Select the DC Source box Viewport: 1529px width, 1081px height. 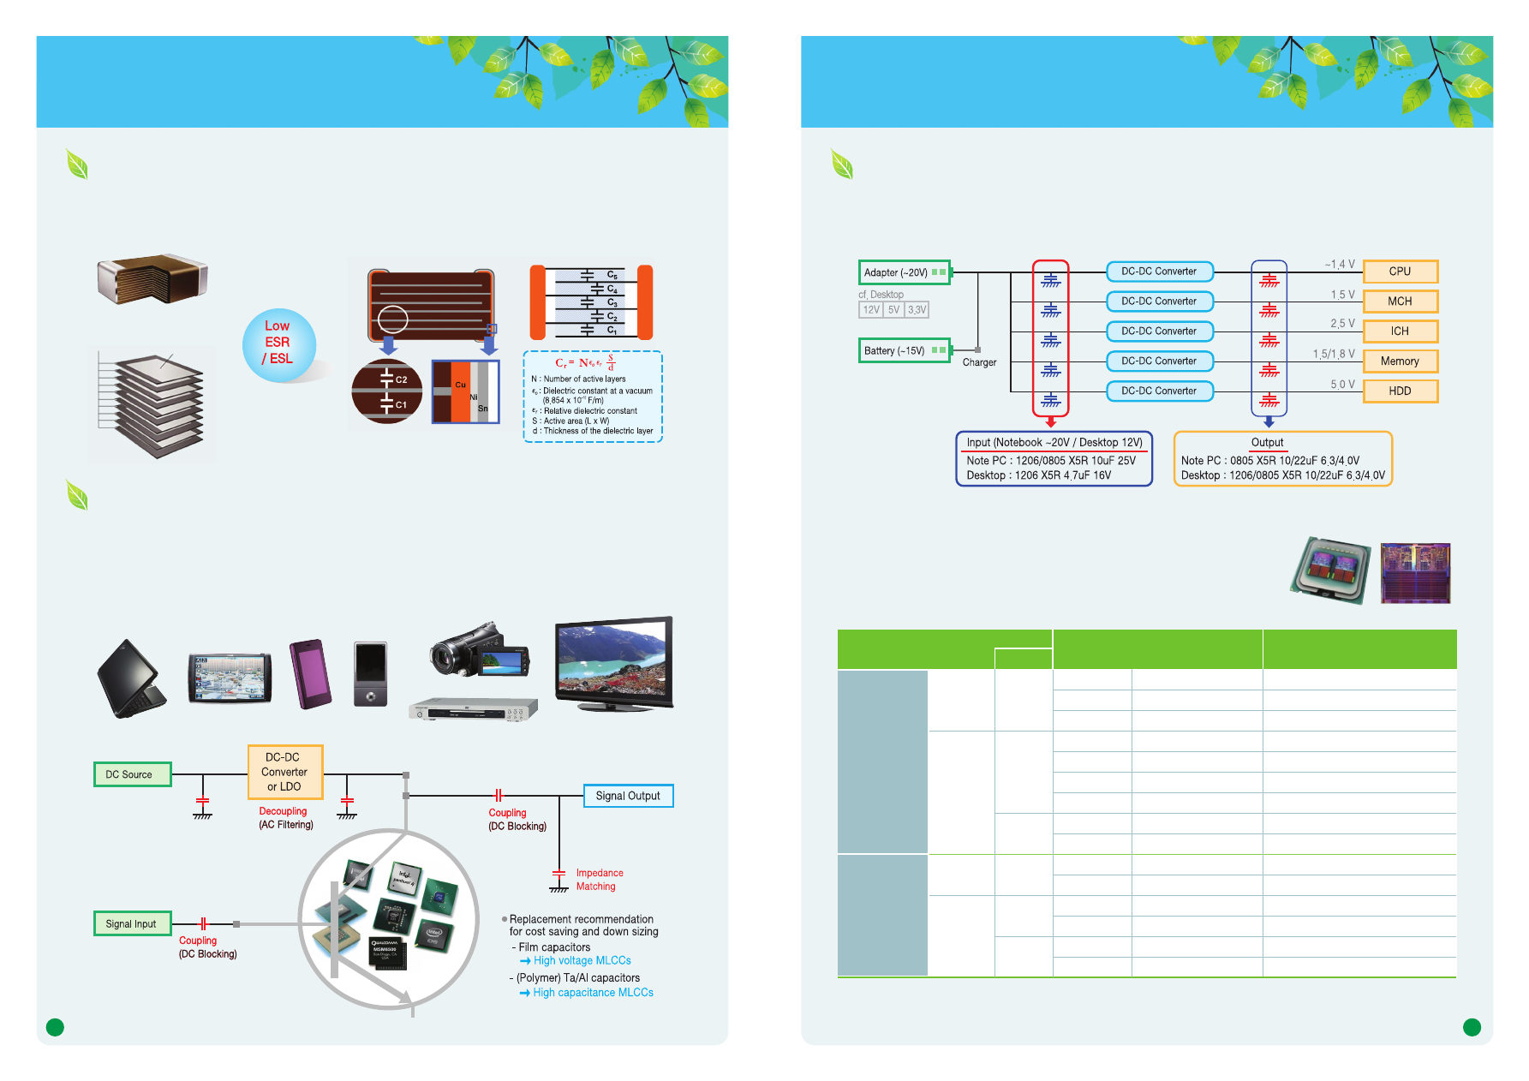132,774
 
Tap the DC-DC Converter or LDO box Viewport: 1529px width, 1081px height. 284,772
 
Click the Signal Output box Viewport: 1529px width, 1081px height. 628,796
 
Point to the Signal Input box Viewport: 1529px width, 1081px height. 132,923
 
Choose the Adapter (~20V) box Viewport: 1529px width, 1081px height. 904,272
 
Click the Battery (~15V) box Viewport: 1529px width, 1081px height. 904,350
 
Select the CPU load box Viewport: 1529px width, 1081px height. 1400,272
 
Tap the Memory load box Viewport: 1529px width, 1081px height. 1400,361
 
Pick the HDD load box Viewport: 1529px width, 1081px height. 1400,391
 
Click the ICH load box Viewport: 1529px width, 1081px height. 1400,331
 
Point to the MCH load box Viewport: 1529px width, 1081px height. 1400,302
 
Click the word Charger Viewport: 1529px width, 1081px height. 979,362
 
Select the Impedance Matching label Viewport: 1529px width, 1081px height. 599,880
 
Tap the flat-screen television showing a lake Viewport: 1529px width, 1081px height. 613,662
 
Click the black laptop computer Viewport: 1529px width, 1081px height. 131,678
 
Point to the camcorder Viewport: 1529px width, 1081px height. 480,650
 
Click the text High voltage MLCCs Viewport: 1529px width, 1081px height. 582,961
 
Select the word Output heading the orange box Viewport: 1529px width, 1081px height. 1267,443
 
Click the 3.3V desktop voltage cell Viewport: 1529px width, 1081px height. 917,310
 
